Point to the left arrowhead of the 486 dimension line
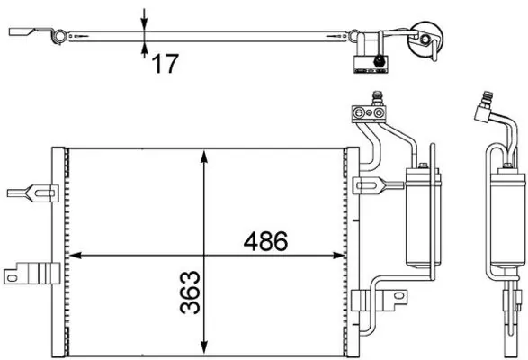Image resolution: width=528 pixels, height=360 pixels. click(75, 255)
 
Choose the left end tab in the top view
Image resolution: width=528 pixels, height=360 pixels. click(25, 34)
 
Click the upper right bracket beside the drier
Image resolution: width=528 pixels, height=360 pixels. click(369, 186)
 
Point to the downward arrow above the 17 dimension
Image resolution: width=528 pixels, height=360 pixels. click(145, 18)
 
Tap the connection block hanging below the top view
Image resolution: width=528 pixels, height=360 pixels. click(369, 61)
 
